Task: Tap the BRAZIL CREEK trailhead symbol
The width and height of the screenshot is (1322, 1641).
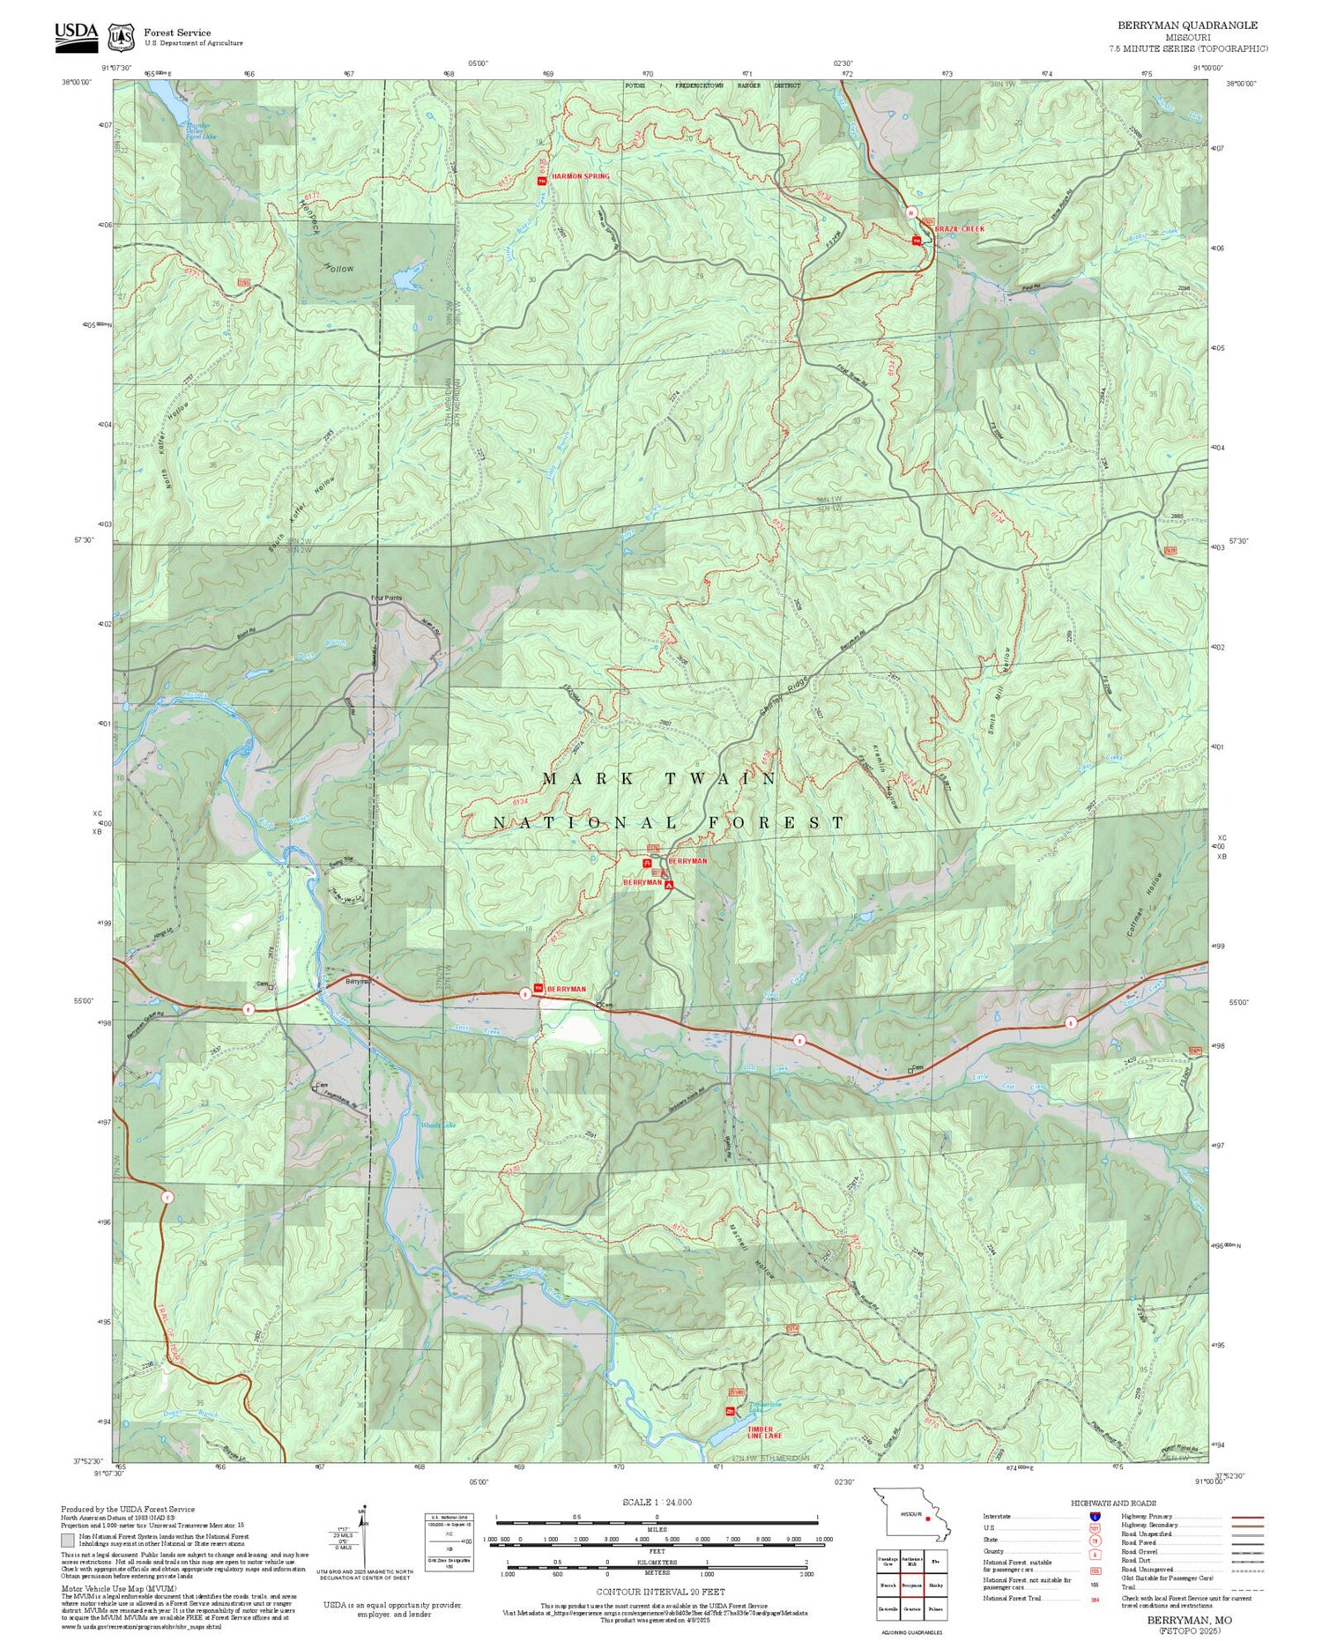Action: [x=917, y=241]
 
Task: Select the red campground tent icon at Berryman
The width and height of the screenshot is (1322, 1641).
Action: [x=669, y=884]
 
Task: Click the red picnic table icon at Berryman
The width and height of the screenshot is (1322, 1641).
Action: [x=647, y=863]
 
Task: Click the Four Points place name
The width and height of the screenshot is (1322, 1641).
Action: [x=386, y=598]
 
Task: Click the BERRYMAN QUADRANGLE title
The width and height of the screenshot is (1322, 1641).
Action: [x=1187, y=26]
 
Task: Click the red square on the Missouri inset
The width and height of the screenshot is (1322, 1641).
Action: [x=928, y=1518]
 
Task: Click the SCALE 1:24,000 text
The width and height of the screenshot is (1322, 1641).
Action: [x=657, y=1502]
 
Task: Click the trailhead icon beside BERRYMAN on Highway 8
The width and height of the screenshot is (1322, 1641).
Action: [x=538, y=989]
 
